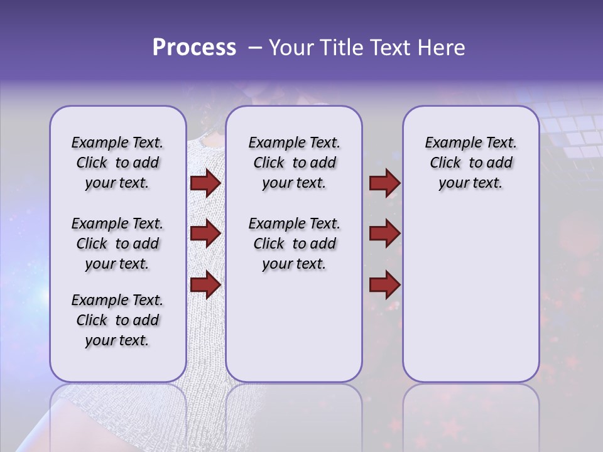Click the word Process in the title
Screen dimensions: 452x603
point(193,48)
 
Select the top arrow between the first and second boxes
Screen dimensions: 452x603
point(205,183)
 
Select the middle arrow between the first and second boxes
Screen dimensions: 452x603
point(205,234)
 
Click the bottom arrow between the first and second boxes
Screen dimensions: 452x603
point(205,284)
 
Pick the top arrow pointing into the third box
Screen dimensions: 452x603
point(384,183)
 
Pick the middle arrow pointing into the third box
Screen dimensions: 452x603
point(384,234)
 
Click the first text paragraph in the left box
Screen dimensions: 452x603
point(117,163)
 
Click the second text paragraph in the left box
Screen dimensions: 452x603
point(117,244)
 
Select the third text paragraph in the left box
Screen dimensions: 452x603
point(117,320)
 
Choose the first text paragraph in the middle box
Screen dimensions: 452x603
point(294,163)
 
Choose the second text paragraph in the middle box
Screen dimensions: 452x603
point(294,244)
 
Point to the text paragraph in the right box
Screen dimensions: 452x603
point(471,163)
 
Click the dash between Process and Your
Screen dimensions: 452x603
point(253,48)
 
